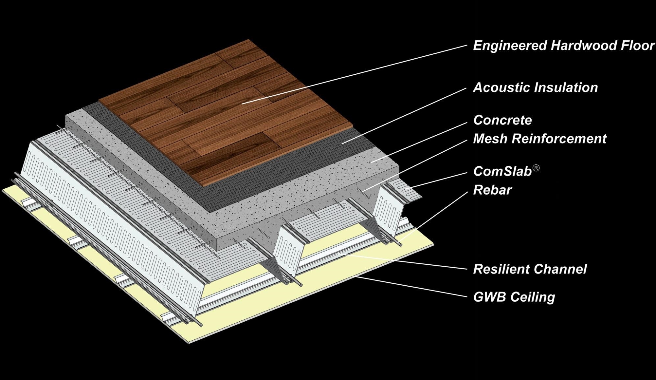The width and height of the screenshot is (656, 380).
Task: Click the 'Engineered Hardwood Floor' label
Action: pyautogui.click(x=564, y=46)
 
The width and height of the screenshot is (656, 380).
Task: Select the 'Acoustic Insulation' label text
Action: pyautogui.click(x=536, y=87)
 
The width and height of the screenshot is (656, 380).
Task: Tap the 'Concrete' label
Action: pyautogui.click(x=502, y=120)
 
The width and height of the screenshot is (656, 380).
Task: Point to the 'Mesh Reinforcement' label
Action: pyautogui.click(x=540, y=139)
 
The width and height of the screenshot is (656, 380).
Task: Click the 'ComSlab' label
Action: pyautogui.click(x=502, y=171)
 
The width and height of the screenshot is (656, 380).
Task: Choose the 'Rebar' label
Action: pyautogui.click(x=492, y=190)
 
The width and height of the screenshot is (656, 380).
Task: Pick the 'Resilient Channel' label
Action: pyautogui.click(x=530, y=269)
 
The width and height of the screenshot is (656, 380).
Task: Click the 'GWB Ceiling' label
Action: pyautogui.click(x=514, y=297)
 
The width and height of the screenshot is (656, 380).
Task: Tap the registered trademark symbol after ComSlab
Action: pyautogui.click(x=536, y=168)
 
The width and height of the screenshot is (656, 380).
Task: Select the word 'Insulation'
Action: pyautogui.click(x=566, y=87)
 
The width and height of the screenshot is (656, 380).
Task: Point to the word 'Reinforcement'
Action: pyautogui.click(x=559, y=139)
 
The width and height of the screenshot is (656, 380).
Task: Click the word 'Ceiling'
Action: pyautogui.click(x=533, y=297)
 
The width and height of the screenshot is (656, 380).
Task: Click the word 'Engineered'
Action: pyautogui.click(x=510, y=46)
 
